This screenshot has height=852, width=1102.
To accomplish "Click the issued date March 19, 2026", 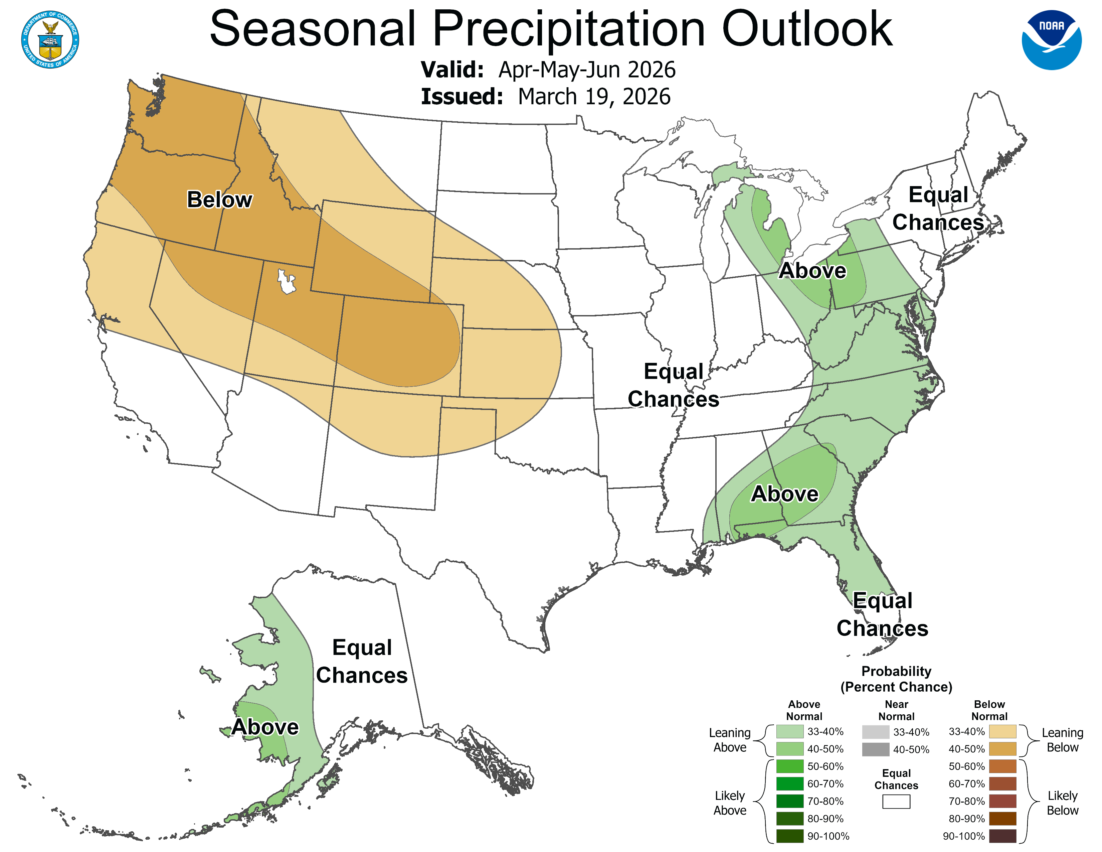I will point(594,97).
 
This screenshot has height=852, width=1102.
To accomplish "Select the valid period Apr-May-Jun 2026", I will point(586,69).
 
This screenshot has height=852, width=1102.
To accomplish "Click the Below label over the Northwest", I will point(219,200).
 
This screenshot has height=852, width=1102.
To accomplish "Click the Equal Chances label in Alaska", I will point(362,661).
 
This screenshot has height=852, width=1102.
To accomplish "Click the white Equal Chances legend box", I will point(896,802).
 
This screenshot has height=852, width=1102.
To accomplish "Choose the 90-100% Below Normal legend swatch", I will point(1002,836).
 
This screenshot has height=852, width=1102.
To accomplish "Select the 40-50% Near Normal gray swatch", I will point(876,749).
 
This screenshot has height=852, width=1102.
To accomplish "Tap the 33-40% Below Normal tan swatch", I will point(1002,731).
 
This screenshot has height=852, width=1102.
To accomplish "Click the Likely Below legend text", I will point(1062,803).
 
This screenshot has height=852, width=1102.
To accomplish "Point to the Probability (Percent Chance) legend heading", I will point(896,679).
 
